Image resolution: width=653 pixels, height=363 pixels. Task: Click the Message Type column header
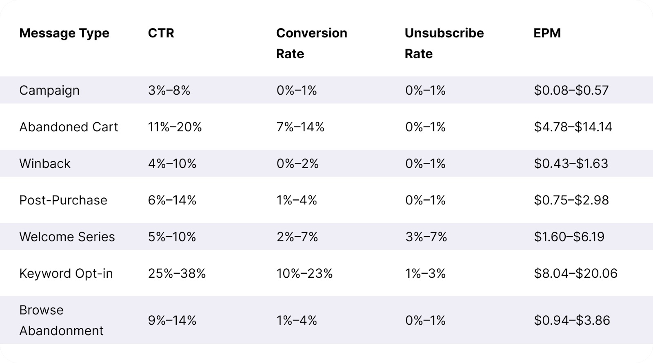[x=64, y=33]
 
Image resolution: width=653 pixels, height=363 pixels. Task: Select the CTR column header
[x=161, y=33]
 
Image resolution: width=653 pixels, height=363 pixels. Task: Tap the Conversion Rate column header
[x=311, y=43]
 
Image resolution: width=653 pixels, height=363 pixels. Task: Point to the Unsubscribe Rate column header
[x=444, y=43]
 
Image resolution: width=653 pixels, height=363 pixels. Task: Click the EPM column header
[x=547, y=33]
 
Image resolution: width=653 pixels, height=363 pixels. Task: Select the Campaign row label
[x=49, y=90]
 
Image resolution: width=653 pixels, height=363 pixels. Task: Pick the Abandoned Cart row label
[x=69, y=127]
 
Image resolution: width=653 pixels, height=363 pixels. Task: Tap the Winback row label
[x=45, y=164]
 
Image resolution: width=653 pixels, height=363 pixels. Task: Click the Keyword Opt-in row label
[x=66, y=273]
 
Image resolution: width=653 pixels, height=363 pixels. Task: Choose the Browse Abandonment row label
[x=61, y=320]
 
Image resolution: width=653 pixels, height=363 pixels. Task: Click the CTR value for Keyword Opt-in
[x=177, y=273]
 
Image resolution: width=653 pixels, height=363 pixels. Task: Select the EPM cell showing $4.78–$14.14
[x=573, y=127]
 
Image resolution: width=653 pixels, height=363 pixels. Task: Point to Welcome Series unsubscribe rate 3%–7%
[x=426, y=237]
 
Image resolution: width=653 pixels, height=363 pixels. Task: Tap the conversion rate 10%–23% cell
[x=304, y=273]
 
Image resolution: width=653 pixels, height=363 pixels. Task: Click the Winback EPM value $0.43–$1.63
[x=571, y=164]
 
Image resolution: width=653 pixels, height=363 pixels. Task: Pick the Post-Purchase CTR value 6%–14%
[x=172, y=200]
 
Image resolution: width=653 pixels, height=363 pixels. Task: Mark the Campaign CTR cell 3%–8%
[x=169, y=90]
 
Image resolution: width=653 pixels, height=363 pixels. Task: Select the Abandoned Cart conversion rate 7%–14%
[x=300, y=127]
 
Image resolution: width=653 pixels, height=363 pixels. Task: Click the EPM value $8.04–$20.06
[x=575, y=273]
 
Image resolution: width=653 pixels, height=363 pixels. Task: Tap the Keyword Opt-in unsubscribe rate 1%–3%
[x=425, y=273]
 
